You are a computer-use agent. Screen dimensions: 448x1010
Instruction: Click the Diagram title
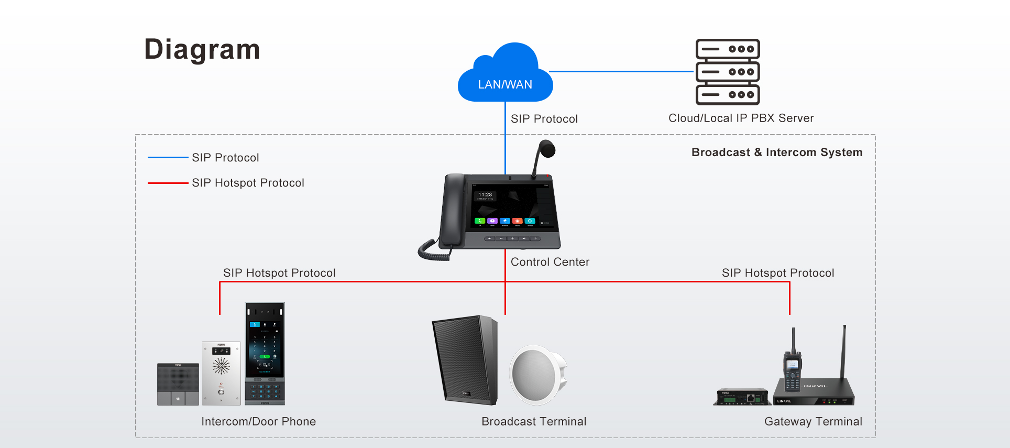click(202, 50)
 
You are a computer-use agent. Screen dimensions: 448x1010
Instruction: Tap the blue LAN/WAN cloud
click(505, 76)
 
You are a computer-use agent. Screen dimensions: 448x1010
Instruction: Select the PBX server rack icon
click(728, 72)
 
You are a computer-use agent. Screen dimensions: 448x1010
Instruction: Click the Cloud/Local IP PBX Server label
click(741, 118)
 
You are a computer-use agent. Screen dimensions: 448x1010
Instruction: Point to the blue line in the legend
click(168, 157)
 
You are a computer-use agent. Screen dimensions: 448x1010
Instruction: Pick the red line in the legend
click(168, 183)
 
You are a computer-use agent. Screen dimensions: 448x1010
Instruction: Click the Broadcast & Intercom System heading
click(776, 152)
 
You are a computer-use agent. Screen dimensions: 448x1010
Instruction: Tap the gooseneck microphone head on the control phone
click(547, 148)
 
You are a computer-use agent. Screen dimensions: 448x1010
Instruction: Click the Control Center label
click(550, 262)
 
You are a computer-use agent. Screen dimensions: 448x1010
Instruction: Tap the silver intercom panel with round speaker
click(221, 373)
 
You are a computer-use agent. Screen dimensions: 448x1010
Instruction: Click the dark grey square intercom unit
click(178, 384)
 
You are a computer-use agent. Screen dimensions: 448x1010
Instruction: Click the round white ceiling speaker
click(537, 375)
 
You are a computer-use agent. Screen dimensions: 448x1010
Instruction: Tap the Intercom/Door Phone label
click(258, 422)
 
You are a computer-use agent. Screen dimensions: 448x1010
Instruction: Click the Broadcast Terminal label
click(534, 422)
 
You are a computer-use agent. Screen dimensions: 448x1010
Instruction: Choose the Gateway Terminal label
click(813, 422)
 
